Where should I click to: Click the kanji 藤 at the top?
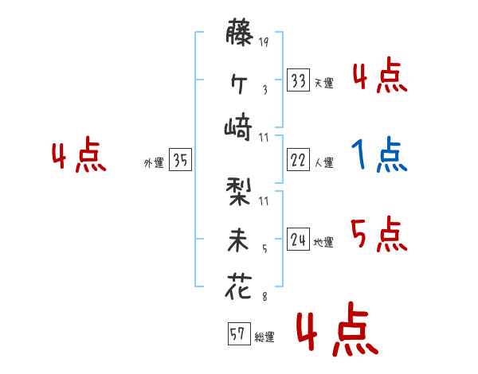pos(238,36)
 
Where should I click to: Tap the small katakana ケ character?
pos(238,81)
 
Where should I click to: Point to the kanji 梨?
pos(238,192)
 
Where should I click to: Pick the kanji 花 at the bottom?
pos(238,286)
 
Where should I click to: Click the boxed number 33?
pos(299,80)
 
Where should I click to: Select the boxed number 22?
pos(299,160)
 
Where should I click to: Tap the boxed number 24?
pos(299,239)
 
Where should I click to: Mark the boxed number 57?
pos(237,334)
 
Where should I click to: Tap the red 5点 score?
pos(379,234)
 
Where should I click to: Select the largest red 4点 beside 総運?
pos(335,332)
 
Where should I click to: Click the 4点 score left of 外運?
pos(78,157)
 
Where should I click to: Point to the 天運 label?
pos(323,83)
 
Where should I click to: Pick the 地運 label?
pos(323,242)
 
